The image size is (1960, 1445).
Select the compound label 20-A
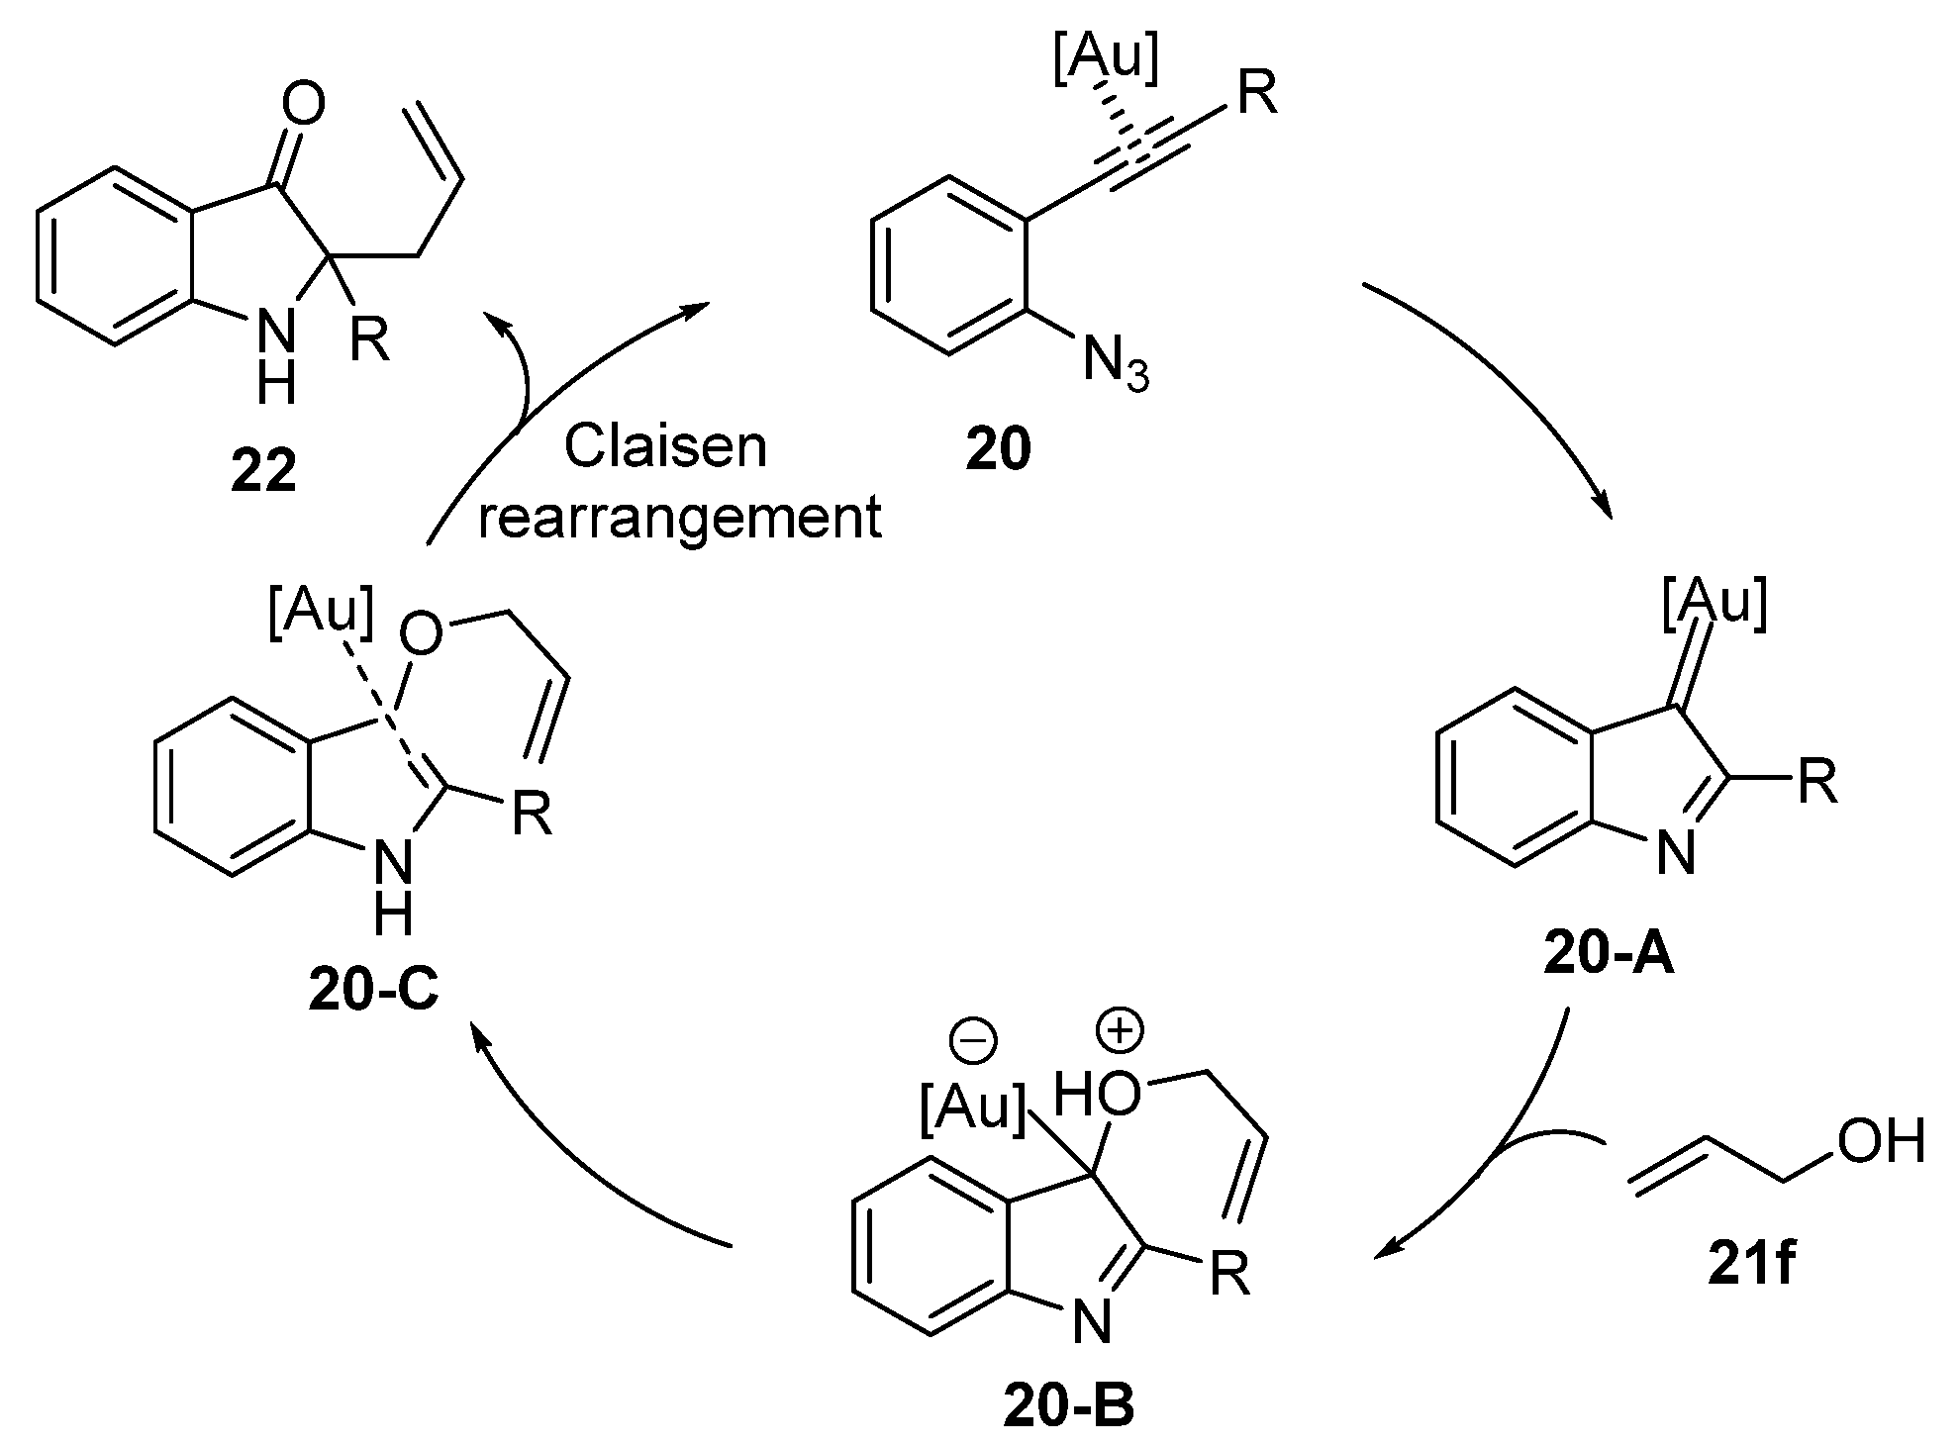(1609, 956)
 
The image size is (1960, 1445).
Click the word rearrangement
(680, 518)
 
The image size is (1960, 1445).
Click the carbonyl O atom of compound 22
(303, 104)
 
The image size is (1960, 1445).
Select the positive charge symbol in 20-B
(1120, 1030)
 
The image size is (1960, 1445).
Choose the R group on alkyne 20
(1257, 96)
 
